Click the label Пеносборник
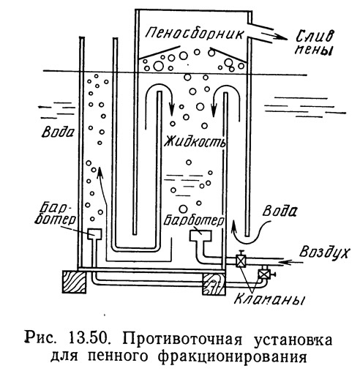tap(195, 34)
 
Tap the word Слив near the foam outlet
tap(315, 37)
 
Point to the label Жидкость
tap(195, 142)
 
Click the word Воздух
tap(324, 252)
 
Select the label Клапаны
tap(269, 299)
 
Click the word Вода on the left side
tap(58, 132)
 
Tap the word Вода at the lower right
tap(280, 211)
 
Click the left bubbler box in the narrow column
tap(94, 233)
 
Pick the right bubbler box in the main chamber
tap(200, 235)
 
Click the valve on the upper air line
tap(241, 261)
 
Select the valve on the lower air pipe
tap(265, 274)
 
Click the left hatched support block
tap(74, 282)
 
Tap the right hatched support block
tap(214, 284)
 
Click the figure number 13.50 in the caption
tap(89, 338)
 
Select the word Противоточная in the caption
tap(182, 339)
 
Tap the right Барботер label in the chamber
tap(193, 220)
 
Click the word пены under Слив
tap(314, 50)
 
